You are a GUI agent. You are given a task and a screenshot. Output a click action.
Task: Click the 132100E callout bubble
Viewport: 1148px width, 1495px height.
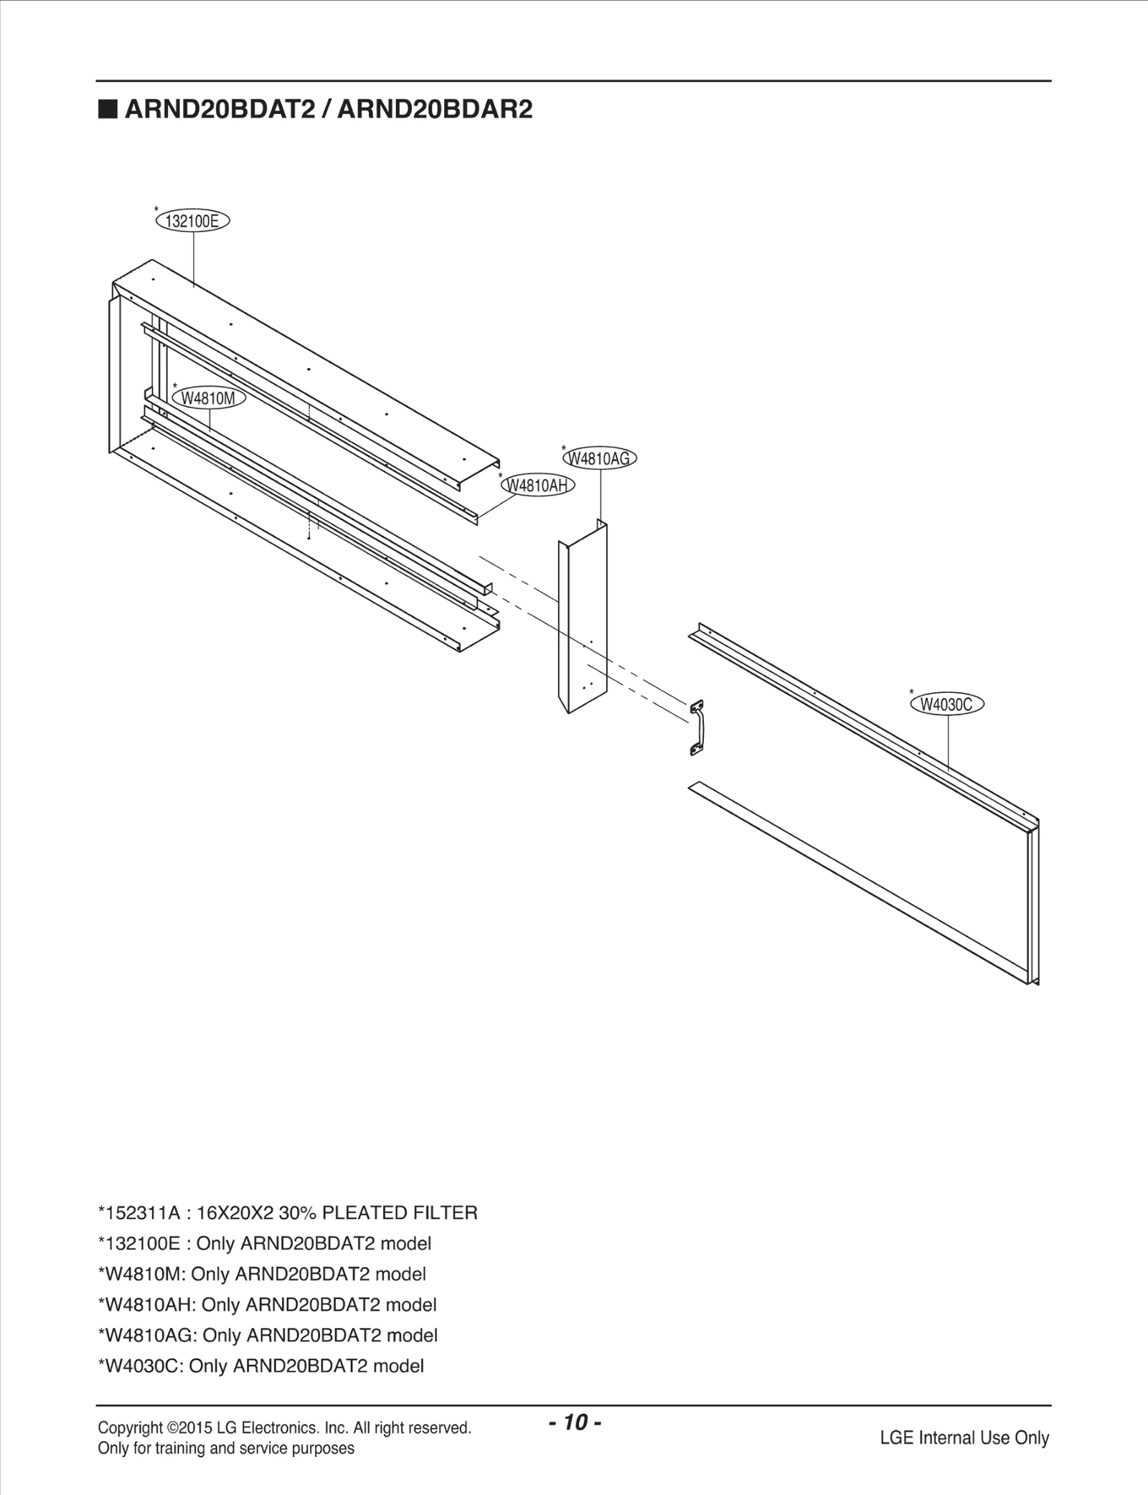tap(192, 221)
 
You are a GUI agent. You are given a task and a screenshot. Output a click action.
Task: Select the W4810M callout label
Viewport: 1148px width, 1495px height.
tap(209, 398)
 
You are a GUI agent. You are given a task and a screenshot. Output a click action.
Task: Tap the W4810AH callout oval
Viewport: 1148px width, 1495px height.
tap(537, 486)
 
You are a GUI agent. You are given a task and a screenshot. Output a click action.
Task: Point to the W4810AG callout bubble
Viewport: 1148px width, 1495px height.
tap(600, 458)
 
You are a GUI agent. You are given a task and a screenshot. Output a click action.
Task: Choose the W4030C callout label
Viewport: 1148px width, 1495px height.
tap(946, 704)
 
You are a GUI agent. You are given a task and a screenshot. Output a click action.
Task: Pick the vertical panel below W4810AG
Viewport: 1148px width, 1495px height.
tap(583, 617)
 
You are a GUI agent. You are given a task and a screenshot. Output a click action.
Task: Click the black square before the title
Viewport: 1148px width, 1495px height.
tap(108, 110)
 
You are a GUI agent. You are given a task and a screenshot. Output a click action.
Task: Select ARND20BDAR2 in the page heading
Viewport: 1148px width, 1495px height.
tap(435, 110)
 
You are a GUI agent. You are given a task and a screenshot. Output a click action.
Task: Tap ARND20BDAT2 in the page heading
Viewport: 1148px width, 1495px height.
tap(222, 110)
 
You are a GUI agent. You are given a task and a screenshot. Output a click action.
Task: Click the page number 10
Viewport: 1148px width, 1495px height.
tap(575, 1422)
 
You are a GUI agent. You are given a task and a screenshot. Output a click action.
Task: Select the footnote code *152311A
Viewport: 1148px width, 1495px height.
tap(138, 1213)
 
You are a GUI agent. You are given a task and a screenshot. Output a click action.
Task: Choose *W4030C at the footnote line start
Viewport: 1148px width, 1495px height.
tap(141, 1366)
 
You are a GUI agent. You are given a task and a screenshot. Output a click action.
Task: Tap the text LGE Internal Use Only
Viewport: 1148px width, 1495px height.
tap(964, 1438)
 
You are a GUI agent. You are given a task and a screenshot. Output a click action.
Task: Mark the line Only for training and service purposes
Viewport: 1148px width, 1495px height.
tap(226, 1448)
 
